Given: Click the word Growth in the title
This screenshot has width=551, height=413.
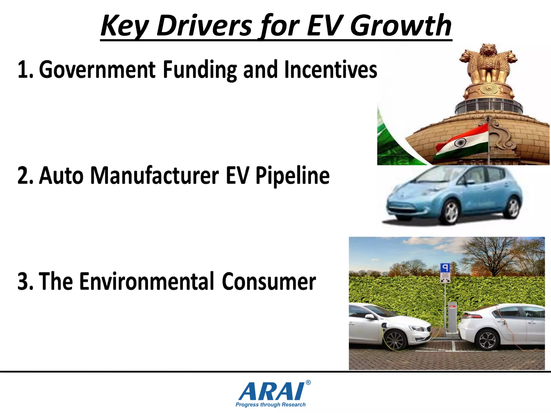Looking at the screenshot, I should pos(401,26).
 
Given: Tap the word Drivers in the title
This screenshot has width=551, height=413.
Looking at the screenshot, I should pos(204,26).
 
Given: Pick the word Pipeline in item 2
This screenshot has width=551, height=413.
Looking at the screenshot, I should pos(292,176).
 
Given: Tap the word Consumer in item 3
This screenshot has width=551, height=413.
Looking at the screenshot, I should pos(269,281).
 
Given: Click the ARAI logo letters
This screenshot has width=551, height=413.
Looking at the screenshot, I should pos(272,391).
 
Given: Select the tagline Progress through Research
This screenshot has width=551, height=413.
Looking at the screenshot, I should pos(271,405).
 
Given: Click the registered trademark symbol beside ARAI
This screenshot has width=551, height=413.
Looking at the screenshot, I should pos(308,382).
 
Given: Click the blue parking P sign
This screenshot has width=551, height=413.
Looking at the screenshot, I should pos(445,268).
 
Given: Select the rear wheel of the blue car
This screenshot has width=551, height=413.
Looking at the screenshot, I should pos(513,208).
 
